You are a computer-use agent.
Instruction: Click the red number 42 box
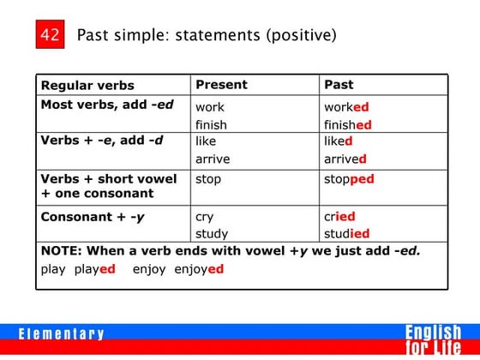click(x=50, y=36)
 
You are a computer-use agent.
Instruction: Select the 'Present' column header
click(x=221, y=85)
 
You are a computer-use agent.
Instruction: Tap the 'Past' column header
click(x=339, y=85)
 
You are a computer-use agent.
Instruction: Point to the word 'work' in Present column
click(x=210, y=108)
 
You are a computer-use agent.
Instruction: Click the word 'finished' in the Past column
click(x=347, y=125)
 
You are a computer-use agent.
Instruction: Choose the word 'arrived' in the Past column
click(x=345, y=159)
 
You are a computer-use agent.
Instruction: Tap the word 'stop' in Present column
click(x=208, y=179)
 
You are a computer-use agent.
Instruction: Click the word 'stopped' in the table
click(x=349, y=180)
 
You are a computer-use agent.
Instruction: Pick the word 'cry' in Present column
click(x=204, y=217)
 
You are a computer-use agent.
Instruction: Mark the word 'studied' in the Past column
click(x=346, y=233)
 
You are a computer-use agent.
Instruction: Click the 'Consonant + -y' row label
click(x=93, y=217)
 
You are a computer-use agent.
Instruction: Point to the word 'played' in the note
click(x=95, y=268)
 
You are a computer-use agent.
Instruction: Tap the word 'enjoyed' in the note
click(x=199, y=268)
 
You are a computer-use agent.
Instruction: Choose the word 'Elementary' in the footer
click(x=62, y=334)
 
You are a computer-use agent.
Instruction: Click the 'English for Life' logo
click(x=433, y=339)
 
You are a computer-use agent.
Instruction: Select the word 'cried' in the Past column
click(x=339, y=217)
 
